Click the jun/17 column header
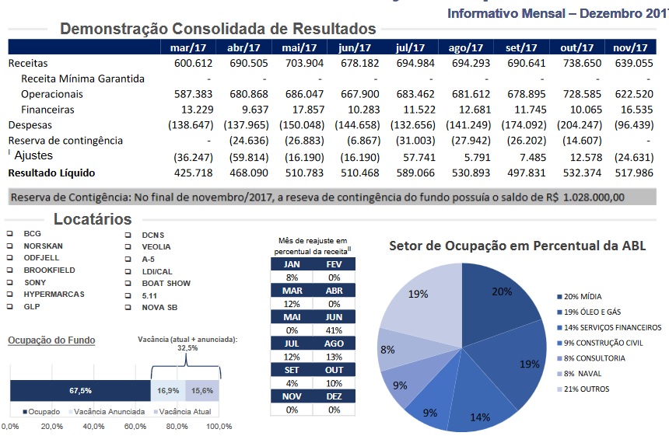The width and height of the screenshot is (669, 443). point(353,48)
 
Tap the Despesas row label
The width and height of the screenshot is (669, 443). point(32,125)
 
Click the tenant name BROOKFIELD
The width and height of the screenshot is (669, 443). point(48,270)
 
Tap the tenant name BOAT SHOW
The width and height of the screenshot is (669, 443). point(165,284)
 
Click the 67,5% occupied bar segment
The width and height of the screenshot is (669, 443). point(80,390)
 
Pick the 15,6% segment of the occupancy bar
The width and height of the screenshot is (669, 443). point(202,390)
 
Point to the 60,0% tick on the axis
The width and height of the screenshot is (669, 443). point(136,427)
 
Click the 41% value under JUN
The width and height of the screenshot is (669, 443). point(334,329)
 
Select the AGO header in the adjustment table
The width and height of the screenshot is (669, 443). point(334,343)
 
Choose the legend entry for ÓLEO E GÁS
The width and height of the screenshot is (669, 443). point(595,312)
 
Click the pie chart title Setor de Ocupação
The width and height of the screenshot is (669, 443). point(517,246)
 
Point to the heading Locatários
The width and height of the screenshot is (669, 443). point(92,218)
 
